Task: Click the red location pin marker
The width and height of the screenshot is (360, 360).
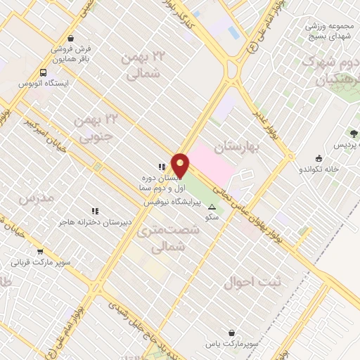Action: tap(180, 166)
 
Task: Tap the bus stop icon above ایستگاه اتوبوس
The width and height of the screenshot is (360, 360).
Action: tap(44, 72)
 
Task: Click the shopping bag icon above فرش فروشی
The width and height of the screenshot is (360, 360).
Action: tap(70, 39)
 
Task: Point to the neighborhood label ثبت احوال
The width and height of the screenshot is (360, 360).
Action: tap(253, 283)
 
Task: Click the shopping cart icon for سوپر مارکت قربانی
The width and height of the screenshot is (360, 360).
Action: tap(39, 252)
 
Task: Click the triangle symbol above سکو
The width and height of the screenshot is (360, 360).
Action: tap(212, 206)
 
